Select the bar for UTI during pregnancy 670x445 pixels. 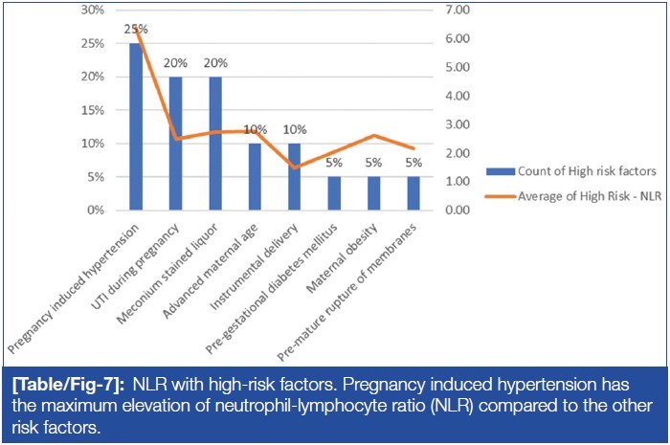175,144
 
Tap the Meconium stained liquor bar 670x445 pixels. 215,144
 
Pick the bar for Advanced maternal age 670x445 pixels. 255,177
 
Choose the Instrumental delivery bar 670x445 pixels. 295,177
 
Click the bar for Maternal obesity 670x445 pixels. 374,193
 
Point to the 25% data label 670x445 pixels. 136,29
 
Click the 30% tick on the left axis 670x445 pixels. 92,10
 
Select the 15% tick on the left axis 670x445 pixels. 92,110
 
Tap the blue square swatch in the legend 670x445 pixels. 501,171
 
